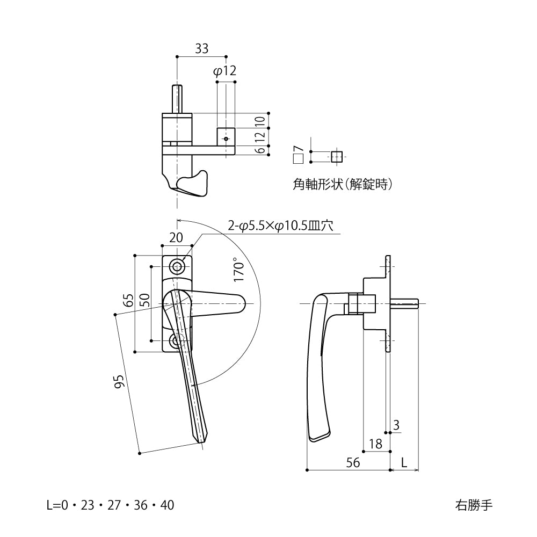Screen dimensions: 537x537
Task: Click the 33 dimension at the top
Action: coord(201,49)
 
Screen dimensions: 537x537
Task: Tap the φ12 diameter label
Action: coord(224,71)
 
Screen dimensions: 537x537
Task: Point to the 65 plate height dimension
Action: coord(128,300)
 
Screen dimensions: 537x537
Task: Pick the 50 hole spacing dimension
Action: coord(144,300)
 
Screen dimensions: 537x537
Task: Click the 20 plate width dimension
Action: coord(176,237)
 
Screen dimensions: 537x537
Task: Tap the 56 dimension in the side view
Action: coord(353,462)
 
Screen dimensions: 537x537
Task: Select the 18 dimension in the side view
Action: coord(375,444)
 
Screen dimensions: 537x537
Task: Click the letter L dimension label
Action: coord(404,462)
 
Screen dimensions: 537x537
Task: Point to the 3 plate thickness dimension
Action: coord(396,426)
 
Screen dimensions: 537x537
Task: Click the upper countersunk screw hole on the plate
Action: coord(177,266)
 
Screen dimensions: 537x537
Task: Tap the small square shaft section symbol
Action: coord(336,157)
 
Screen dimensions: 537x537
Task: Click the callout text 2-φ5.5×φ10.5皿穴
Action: coord(281,226)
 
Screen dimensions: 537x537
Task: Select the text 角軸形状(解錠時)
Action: coord(342,184)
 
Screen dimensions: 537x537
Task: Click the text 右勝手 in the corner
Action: coord(473,505)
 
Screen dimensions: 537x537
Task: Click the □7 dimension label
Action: coord(299,155)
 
